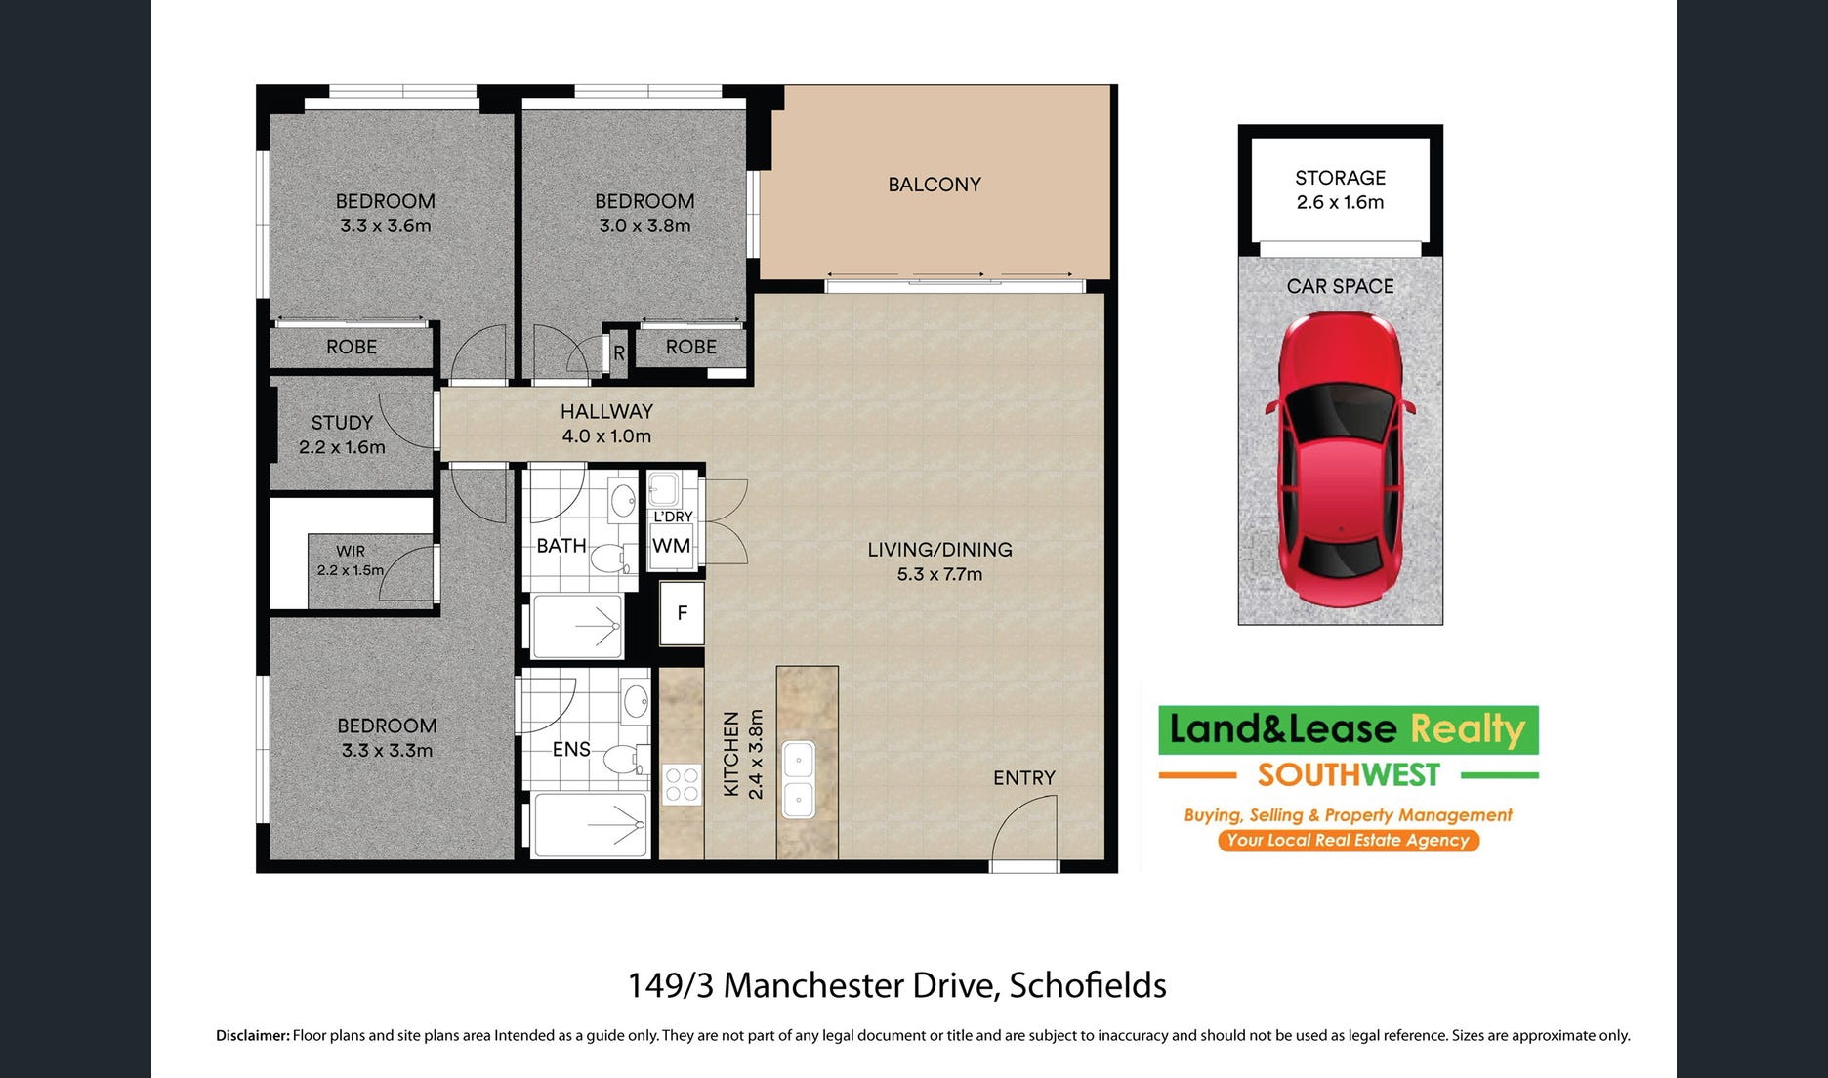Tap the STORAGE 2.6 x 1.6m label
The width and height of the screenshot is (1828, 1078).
coord(1340,189)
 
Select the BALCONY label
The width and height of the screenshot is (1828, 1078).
coord(935,185)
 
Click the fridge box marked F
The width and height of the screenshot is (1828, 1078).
coord(682,613)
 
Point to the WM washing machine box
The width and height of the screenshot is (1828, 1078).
coord(671,546)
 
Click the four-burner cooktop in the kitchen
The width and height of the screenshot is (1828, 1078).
coord(682,783)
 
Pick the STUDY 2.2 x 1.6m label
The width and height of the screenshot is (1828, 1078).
coord(342,435)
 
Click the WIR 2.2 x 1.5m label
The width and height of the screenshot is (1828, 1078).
coord(351,560)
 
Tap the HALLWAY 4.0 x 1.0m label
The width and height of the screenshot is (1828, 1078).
coord(606,424)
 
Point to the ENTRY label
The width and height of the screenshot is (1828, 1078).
coord(1024,777)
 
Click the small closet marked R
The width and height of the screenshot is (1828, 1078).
coord(619,353)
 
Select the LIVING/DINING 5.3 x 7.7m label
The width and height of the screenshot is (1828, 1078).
coord(939,561)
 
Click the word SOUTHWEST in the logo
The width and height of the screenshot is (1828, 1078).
coord(1349,775)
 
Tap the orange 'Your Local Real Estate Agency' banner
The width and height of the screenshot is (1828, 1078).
coord(1349,840)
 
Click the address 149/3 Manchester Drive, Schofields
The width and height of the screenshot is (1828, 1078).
coord(896,985)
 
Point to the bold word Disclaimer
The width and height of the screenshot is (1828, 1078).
coord(253,1035)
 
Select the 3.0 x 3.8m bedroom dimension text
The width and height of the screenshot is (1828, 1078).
coord(644,226)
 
